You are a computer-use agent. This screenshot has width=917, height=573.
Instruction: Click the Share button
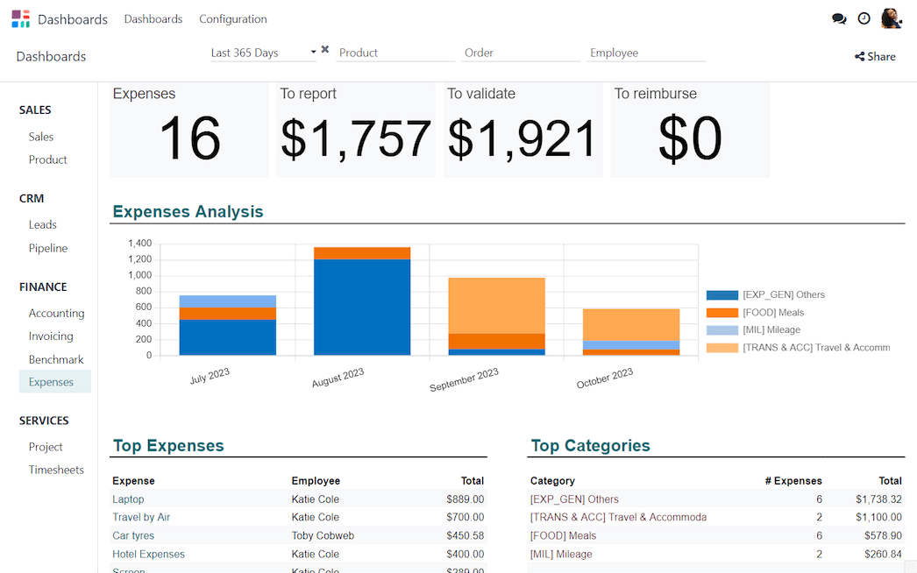[x=875, y=57]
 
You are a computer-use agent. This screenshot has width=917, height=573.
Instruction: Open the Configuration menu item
[x=232, y=19]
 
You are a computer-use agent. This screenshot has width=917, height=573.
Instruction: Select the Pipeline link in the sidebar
[x=47, y=248]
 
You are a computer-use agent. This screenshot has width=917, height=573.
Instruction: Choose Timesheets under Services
[x=56, y=470]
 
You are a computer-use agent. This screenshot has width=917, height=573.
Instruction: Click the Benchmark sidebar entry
[x=56, y=359]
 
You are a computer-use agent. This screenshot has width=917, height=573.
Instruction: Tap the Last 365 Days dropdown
[x=263, y=53]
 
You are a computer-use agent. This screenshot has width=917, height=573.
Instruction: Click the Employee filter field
[x=645, y=53]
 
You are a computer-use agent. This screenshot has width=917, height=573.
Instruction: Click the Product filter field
[x=395, y=53]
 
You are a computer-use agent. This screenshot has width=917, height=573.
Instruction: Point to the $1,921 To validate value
[x=522, y=139]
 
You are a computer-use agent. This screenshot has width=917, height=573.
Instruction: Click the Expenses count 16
[x=189, y=139]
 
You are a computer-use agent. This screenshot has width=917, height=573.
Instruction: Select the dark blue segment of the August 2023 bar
[x=362, y=307]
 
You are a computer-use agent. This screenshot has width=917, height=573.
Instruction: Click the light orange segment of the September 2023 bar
[x=496, y=305]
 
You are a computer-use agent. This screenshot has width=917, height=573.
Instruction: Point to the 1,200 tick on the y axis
[x=139, y=259]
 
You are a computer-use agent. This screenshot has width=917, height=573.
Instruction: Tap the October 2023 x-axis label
[x=605, y=379]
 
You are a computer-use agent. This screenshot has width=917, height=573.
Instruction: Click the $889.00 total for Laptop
[x=465, y=499]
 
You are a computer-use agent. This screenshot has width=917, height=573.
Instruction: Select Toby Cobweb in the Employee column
[x=323, y=535]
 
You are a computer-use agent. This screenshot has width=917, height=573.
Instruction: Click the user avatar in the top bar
[x=891, y=18]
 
